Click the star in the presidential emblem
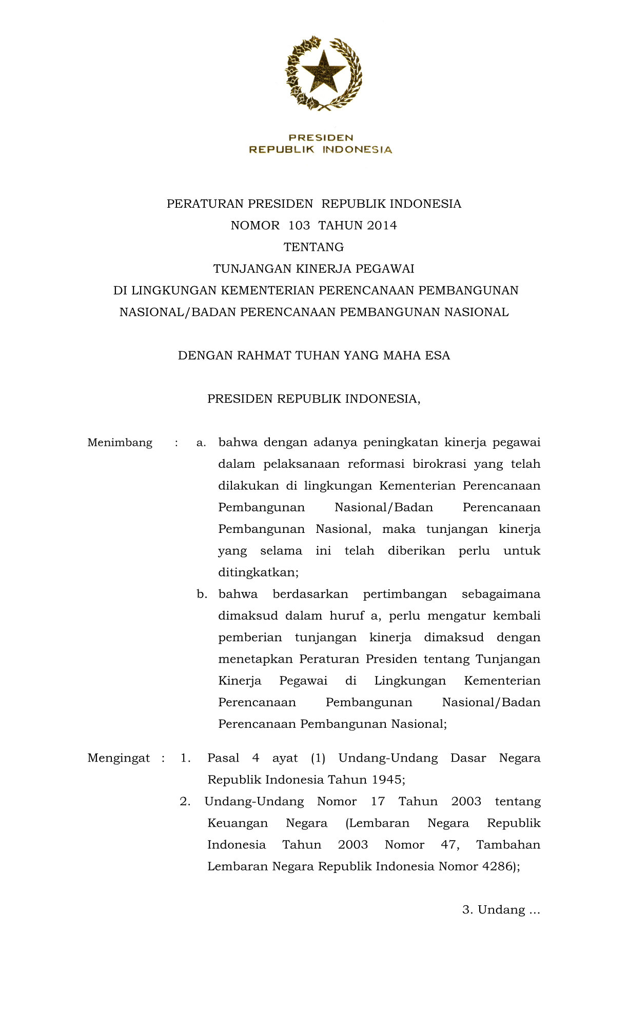pyautogui.click(x=324, y=71)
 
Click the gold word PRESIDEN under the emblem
pyautogui.click(x=321, y=137)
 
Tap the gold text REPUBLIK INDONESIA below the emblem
pyautogui.click(x=321, y=149)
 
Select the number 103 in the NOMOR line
pyautogui.click(x=299, y=226)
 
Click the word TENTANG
pyautogui.click(x=313, y=247)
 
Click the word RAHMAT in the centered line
pyautogui.click(x=264, y=355)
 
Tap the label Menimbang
pyautogui.click(x=120, y=443)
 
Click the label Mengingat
pyautogui.click(x=119, y=758)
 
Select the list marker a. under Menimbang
pyautogui.click(x=201, y=443)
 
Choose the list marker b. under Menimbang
pyautogui.click(x=202, y=594)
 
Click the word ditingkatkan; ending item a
pyautogui.click(x=258, y=572)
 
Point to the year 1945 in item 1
pyautogui.click(x=388, y=780)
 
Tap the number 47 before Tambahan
pyautogui.click(x=450, y=845)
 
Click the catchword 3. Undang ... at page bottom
pyautogui.click(x=501, y=910)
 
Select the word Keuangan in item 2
pyautogui.click(x=238, y=823)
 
